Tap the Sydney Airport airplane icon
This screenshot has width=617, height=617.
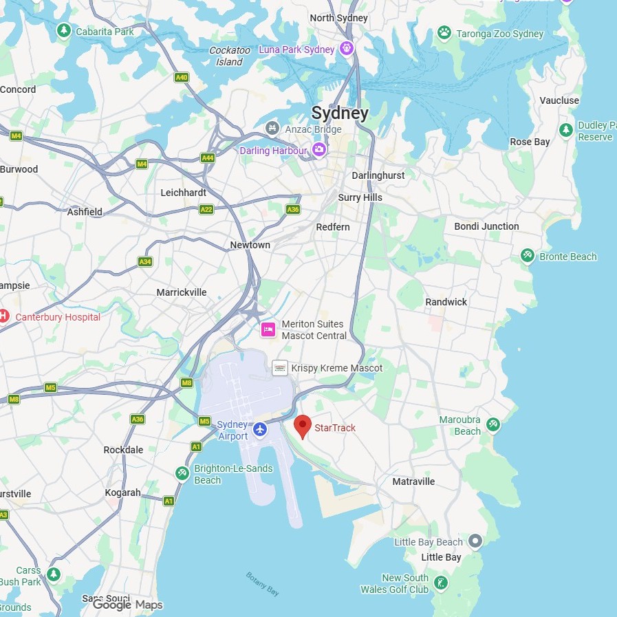[259, 430]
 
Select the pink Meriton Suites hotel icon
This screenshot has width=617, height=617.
[268, 329]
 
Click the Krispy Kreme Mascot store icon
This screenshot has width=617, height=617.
[280, 368]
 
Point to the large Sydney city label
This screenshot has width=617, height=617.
[340, 113]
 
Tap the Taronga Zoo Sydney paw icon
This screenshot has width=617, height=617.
[444, 33]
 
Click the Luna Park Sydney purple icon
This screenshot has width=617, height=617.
[347, 49]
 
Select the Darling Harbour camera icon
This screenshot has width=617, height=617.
[318, 150]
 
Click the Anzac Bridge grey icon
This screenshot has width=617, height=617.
[273, 129]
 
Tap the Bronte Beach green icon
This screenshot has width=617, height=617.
[528, 256]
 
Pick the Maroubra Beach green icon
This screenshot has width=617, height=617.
[493, 424]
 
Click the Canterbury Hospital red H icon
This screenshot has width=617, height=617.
[3, 316]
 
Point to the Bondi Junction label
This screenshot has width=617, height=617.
[486, 226]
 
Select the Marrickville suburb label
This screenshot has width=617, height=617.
[182, 292]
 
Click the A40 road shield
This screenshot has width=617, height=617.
[182, 78]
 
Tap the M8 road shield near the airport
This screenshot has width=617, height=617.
[186, 382]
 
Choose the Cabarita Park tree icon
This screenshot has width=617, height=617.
[64, 30]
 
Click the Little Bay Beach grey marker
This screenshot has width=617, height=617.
[475, 541]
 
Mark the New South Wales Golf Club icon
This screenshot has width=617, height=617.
[441, 583]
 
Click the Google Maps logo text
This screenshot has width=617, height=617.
[128, 605]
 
